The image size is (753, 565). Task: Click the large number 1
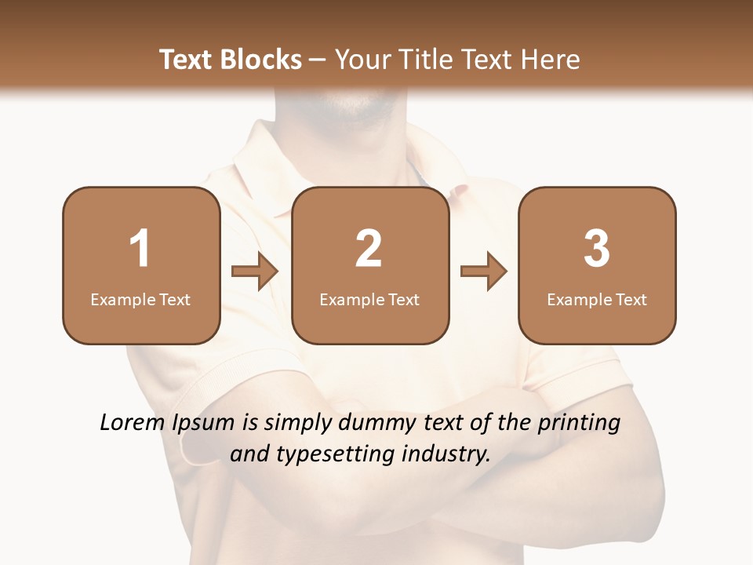[140, 249]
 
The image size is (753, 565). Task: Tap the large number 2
[369, 249]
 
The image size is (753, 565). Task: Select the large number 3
[597, 249]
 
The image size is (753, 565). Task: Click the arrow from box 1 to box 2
[255, 272]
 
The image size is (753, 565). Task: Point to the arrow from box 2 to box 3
[484, 272]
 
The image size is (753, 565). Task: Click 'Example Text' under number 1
[140, 300]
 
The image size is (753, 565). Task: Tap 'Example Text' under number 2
[369, 300]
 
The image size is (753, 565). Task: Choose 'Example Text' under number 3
[597, 300]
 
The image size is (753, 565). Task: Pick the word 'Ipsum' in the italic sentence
[202, 424]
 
